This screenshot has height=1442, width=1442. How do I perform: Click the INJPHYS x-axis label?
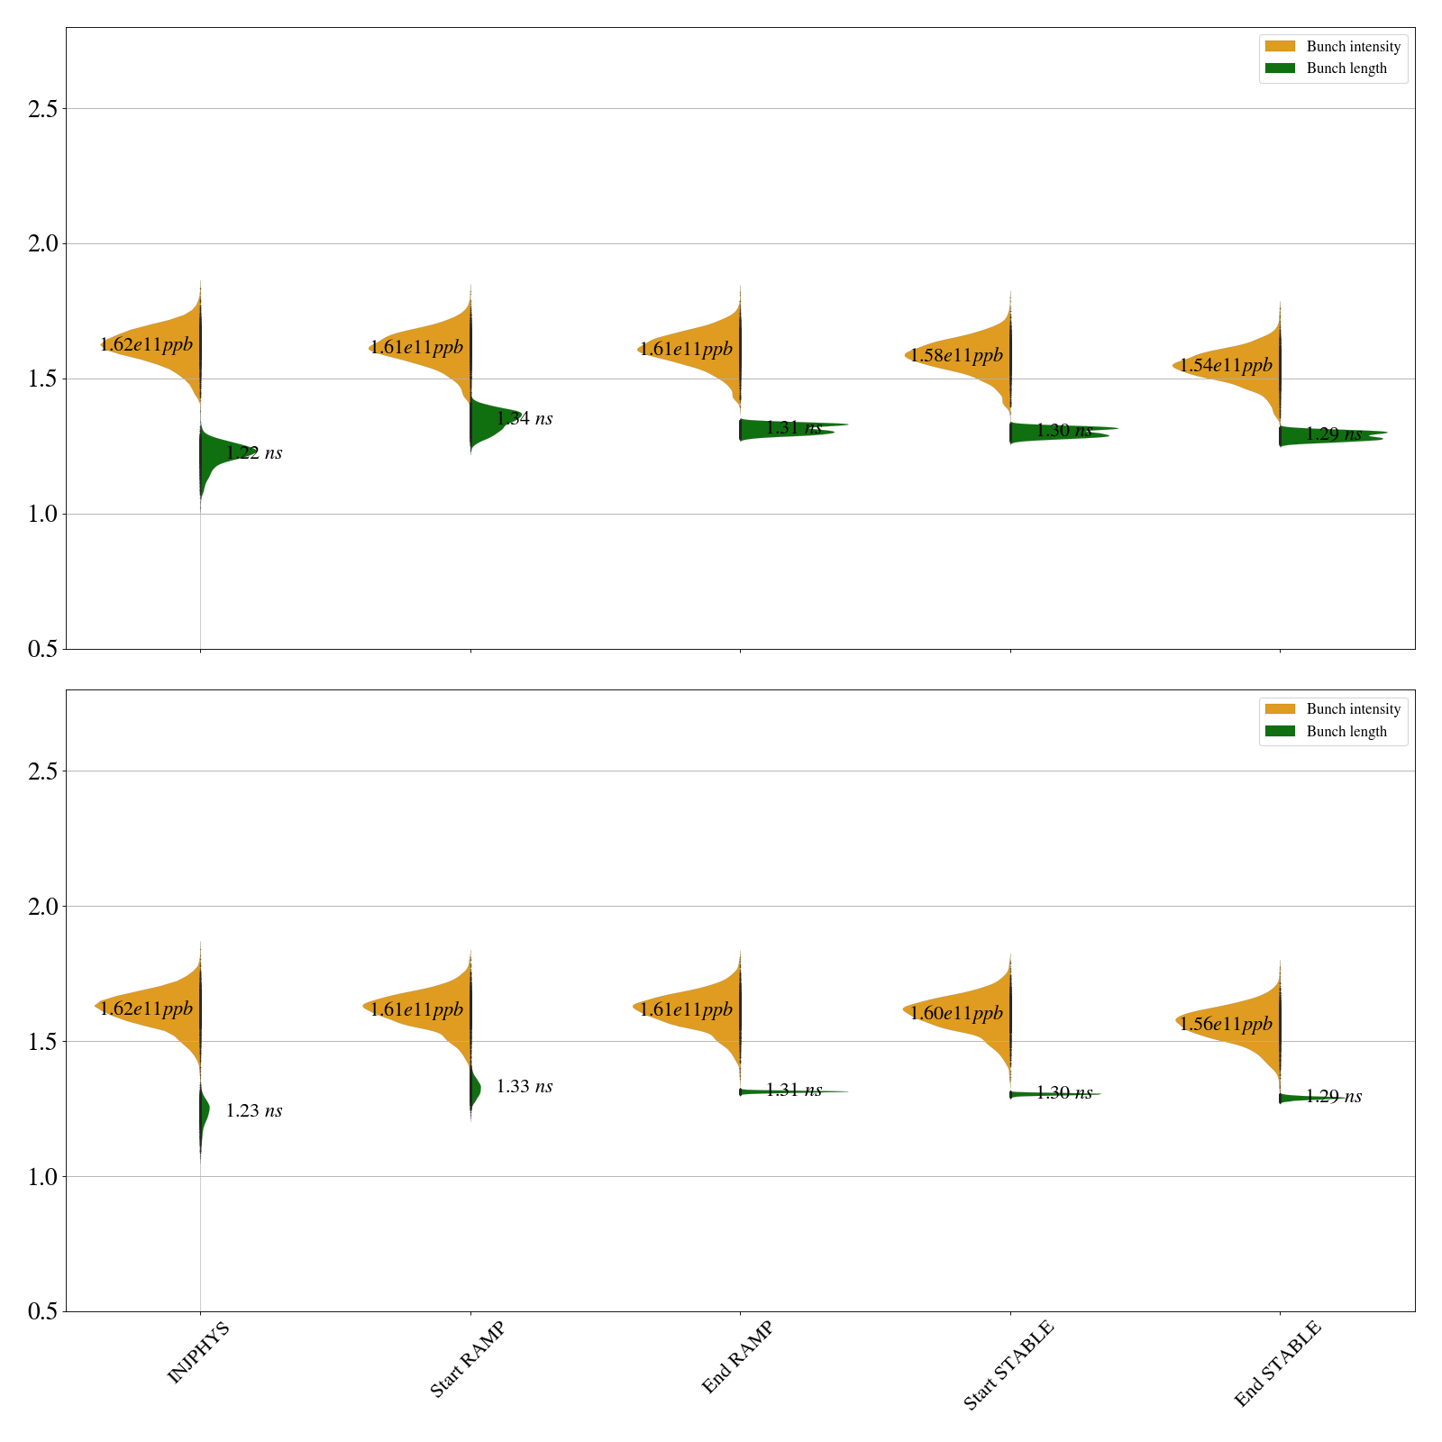[x=199, y=1352]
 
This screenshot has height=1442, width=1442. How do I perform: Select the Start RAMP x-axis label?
[x=467, y=1359]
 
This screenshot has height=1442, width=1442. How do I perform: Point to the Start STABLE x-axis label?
[x=1008, y=1365]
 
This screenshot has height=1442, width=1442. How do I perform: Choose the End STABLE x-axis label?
[x=1277, y=1363]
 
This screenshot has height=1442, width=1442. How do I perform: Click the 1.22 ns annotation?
[x=254, y=453]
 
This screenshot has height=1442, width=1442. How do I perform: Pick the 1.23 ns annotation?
[x=254, y=1111]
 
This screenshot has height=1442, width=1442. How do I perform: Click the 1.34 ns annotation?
[x=525, y=418]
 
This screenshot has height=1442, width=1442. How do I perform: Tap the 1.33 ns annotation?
[x=525, y=1087]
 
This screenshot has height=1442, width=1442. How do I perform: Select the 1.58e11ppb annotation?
[x=956, y=355]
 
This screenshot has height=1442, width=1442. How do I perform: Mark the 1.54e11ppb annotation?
[x=1226, y=365]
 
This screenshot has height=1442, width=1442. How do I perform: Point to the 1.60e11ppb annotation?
[x=956, y=1013]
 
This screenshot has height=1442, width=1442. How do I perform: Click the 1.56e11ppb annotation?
[x=1226, y=1024]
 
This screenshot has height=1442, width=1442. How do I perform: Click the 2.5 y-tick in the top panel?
[x=42, y=109]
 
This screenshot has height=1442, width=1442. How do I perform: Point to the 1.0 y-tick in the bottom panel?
[x=42, y=1177]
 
